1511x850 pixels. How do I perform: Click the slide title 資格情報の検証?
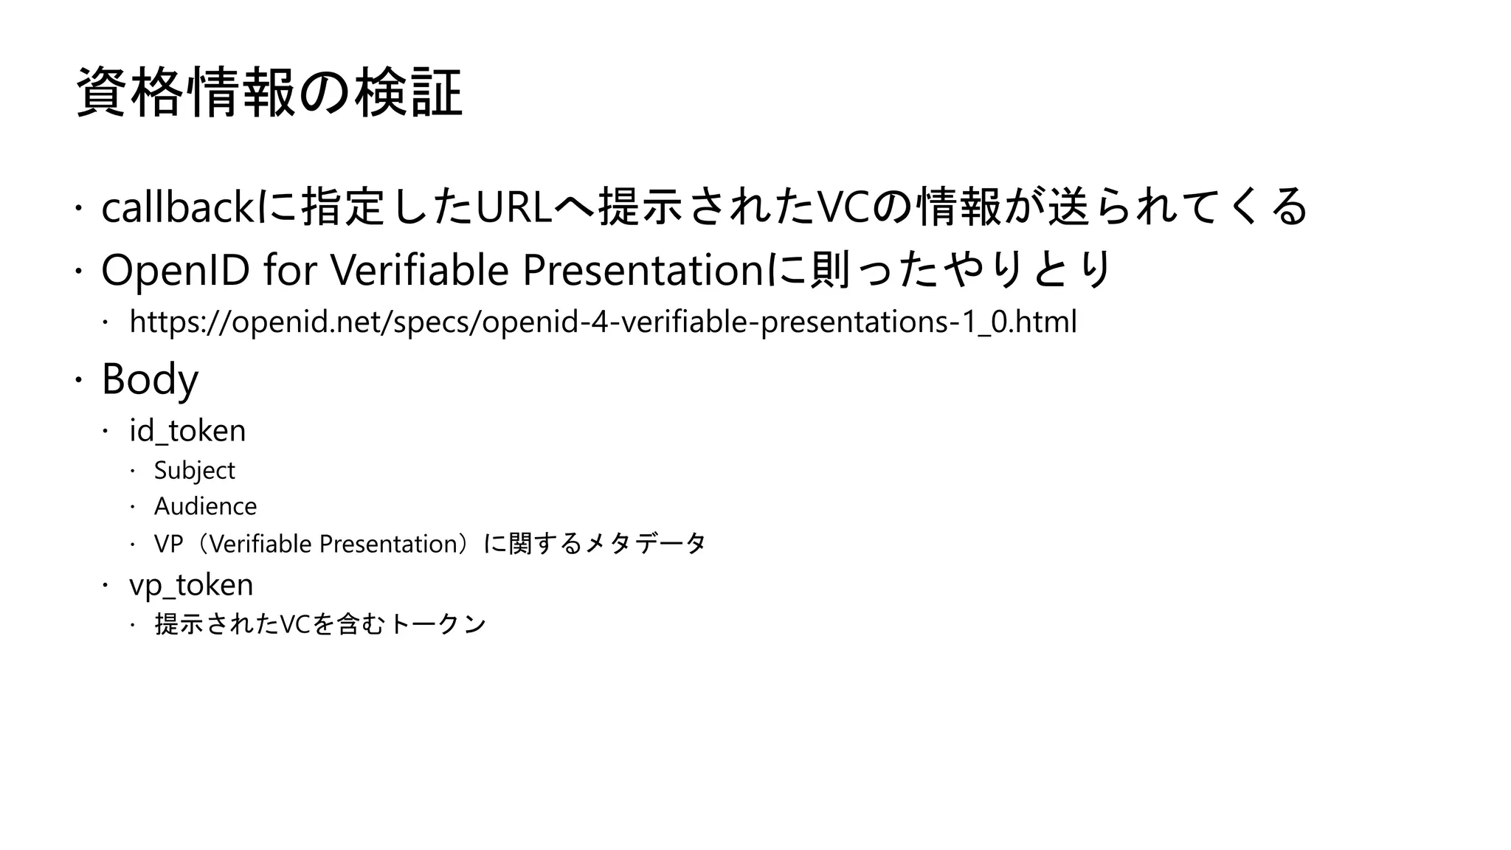269,92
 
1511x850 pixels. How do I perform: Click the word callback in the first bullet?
178,207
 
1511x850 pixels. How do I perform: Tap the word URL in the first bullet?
514,207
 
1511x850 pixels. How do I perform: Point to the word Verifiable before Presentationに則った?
419,270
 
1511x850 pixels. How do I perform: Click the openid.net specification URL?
603,322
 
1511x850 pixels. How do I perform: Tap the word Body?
150,379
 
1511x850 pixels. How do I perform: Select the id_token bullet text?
187,431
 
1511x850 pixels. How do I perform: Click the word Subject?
194,471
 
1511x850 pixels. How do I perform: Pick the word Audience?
205,507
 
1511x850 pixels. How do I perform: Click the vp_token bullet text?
191,585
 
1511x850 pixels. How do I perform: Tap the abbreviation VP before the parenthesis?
168,545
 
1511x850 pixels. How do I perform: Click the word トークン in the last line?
437,624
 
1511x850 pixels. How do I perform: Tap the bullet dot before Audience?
134,507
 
